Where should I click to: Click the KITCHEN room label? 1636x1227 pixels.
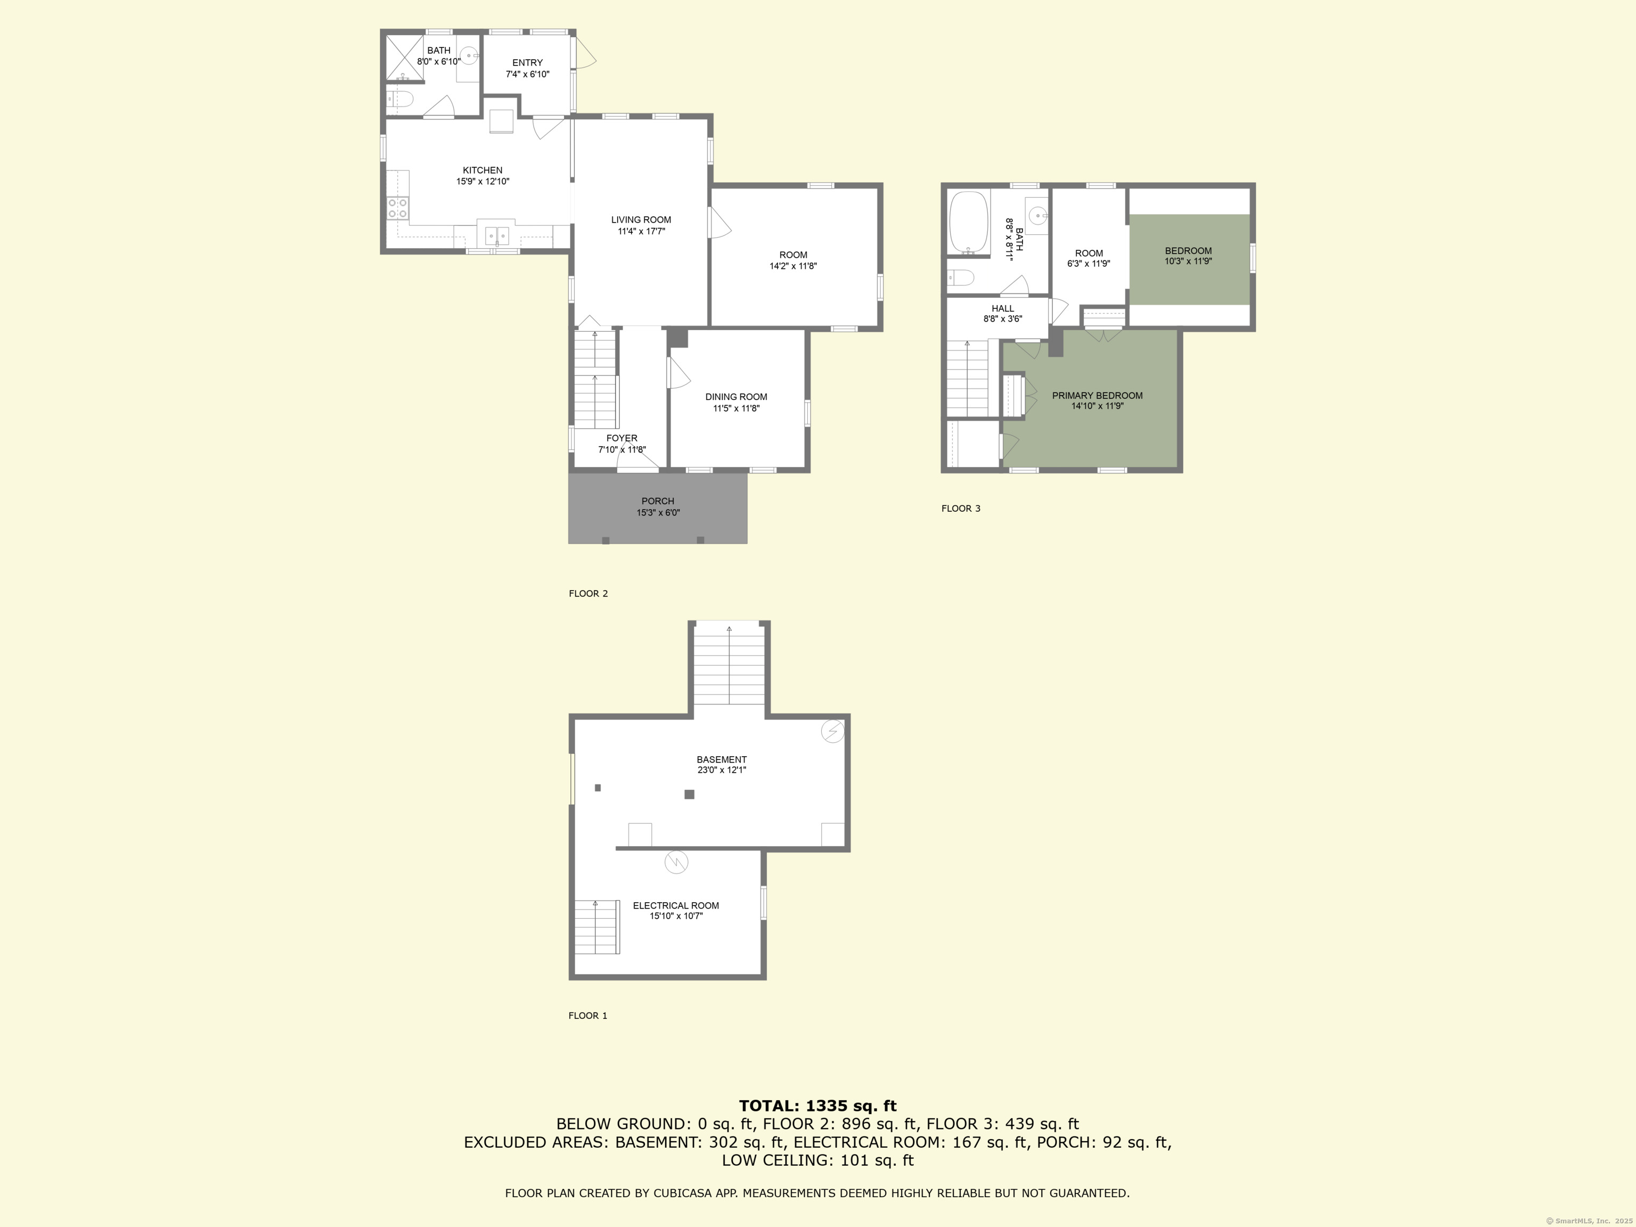point(482,170)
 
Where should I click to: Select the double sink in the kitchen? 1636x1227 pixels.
point(498,235)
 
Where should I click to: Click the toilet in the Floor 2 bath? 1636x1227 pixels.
point(399,99)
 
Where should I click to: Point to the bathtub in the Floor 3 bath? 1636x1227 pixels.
point(969,222)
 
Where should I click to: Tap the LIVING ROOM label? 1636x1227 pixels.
point(641,219)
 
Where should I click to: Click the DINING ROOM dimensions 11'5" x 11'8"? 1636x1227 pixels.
point(736,408)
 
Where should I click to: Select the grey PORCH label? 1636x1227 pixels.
point(658,501)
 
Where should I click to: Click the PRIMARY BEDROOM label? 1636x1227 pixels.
point(1097,396)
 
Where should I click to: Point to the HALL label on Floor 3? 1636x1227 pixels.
point(1002,308)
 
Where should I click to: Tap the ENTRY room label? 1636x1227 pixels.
point(527,63)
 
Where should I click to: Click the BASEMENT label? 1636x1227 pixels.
point(721,759)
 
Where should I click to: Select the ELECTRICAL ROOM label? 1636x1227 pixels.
point(675,905)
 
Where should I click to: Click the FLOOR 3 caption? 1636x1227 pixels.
point(961,508)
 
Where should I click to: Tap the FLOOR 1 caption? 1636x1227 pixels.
point(587,1016)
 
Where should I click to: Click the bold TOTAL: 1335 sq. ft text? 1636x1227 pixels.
point(817,1106)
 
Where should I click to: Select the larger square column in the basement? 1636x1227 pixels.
point(689,795)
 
